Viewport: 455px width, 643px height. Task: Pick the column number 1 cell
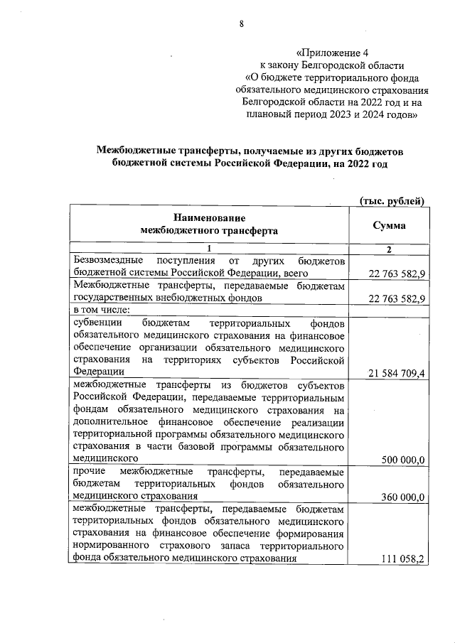[210, 249]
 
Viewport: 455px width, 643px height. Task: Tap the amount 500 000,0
[403, 460]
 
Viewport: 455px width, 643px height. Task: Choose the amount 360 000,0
[403, 497]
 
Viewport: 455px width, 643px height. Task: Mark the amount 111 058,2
[402, 559]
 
